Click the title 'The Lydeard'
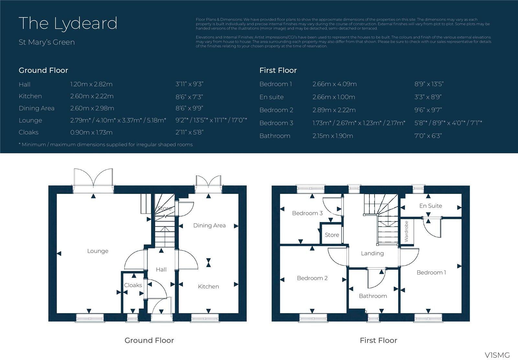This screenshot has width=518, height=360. coord(68,23)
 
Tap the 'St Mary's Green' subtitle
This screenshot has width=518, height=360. coord(47,42)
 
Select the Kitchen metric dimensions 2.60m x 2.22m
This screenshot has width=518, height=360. coord(92,96)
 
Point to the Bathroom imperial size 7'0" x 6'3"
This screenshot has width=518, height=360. coord(428,136)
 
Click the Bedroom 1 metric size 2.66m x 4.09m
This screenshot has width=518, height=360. coord(334,84)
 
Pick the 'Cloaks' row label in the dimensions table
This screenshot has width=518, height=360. coord(28,132)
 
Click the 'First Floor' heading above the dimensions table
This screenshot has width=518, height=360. coord(278,70)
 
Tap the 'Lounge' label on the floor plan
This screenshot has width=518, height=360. coord(97,251)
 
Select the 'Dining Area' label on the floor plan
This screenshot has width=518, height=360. coord(209,225)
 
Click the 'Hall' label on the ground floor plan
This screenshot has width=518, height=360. coord(161,269)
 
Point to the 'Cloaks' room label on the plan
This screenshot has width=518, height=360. coord(133,285)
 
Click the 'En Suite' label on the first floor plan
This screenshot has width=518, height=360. coord(430,206)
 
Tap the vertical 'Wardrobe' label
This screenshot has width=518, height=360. coord(406,231)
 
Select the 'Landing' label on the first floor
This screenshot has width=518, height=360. coord(372,253)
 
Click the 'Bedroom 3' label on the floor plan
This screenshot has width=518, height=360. coord(307,213)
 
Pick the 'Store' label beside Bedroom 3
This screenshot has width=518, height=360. coord(332,235)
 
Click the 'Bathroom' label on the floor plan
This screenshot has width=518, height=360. coord(373,296)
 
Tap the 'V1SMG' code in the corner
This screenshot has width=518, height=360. coord(497,355)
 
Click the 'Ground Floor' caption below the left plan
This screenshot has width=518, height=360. coord(149,340)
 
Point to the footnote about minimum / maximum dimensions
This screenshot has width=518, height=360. coord(106,145)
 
